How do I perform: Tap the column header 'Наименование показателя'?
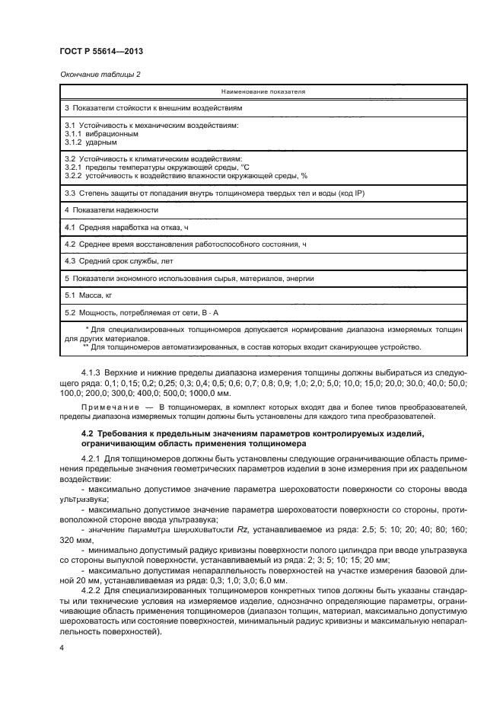click(x=263, y=91)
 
